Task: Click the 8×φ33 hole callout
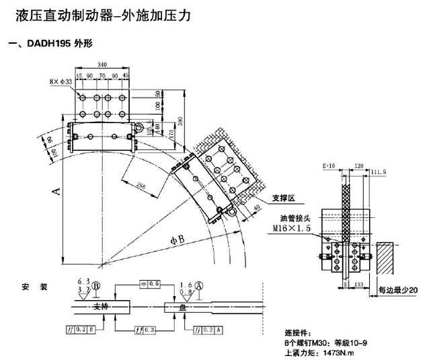(61, 82)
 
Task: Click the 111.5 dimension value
(379, 173)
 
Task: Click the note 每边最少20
(397, 291)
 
